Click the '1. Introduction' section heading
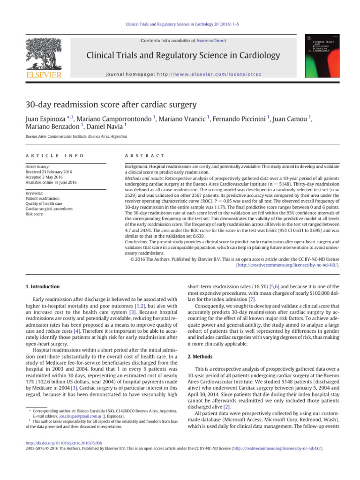coord(42,286)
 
